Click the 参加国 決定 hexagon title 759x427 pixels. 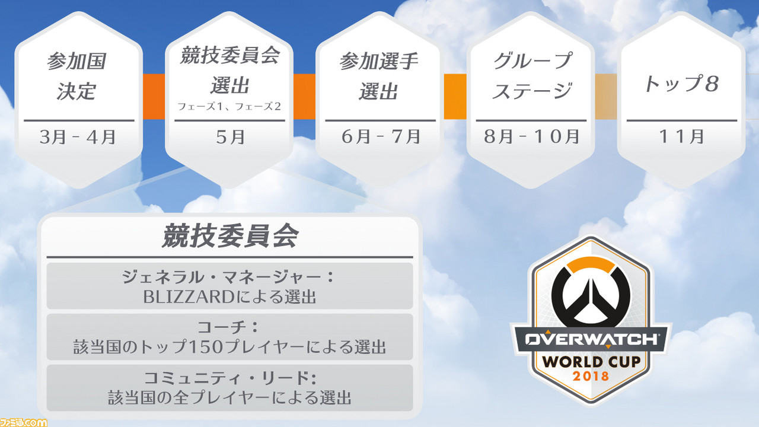coord(76,77)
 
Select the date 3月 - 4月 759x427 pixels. coord(78,137)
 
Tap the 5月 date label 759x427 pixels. coord(231,137)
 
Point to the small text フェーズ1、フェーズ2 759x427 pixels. coord(229,106)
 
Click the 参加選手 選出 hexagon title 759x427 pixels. coord(378,77)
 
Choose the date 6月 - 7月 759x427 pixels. coord(381,136)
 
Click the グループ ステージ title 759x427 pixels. coord(532,76)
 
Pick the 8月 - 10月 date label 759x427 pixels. coord(531,136)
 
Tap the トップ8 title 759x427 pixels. coord(681,84)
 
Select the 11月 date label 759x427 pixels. coord(682,136)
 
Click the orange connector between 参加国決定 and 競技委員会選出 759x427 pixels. coord(154,97)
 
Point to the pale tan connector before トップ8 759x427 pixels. coord(606,97)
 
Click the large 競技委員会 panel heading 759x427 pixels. coord(230,236)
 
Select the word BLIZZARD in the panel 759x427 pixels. coord(189,297)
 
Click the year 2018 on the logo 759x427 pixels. coord(591,376)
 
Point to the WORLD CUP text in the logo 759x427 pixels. coord(591,362)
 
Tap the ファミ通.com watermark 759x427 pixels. coord(23,422)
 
